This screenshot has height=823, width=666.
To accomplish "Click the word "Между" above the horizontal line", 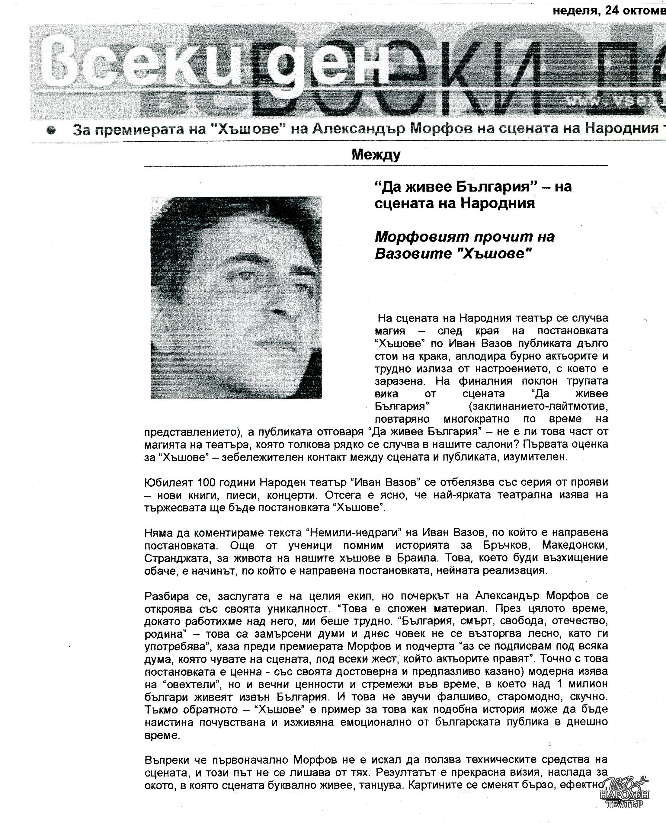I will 376,154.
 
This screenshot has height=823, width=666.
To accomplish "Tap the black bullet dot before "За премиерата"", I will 51,130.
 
